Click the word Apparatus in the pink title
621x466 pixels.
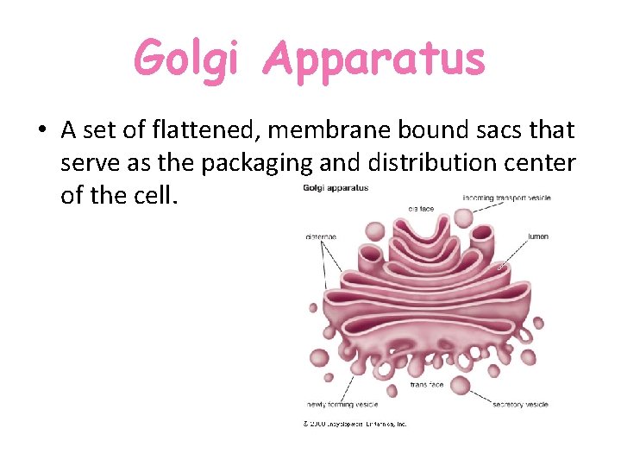point(374,60)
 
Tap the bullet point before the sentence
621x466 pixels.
point(41,131)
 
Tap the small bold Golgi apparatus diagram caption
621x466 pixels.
point(336,187)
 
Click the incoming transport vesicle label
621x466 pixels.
point(506,198)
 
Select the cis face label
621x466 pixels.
point(421,207)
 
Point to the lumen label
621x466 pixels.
point(538,236)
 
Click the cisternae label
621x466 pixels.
point(321,236)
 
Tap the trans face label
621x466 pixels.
point(427,385)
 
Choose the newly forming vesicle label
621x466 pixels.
point(342,404)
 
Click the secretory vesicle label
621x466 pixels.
point(520,404)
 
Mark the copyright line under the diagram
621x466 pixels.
point(354,424)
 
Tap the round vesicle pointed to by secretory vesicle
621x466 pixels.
point(461,385)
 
